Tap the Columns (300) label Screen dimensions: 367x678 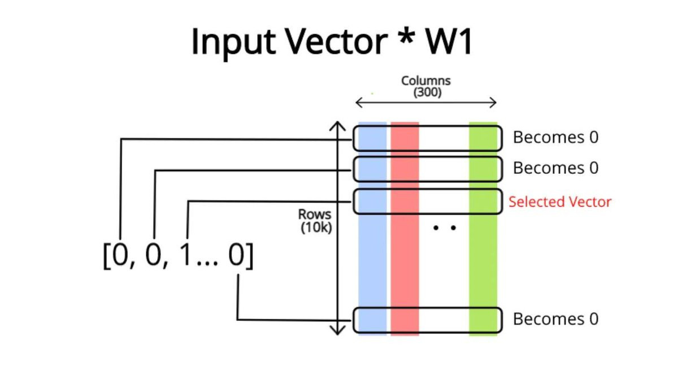click(x=426, y=87)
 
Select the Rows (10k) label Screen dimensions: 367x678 click(x=315, y=221)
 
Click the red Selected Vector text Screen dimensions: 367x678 click(x=559, y=202)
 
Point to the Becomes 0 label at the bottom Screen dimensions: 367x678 click(x=555, y=319)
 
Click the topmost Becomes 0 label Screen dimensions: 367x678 click(x=555, y=137)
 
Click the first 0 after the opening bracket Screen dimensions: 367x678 click(x=120, y=256)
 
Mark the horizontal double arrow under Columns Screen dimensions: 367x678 click(x=425, y=103)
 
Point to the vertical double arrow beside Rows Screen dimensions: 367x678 click(x=337, y=228)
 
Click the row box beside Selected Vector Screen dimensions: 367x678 click(x=427, y=202)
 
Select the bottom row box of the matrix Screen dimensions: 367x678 click(x=427, y=320)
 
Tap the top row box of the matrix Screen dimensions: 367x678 click(x=427, y=138)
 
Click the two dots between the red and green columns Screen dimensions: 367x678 click(x=444, y=228)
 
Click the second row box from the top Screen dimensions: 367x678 click(x=427, y=168)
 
